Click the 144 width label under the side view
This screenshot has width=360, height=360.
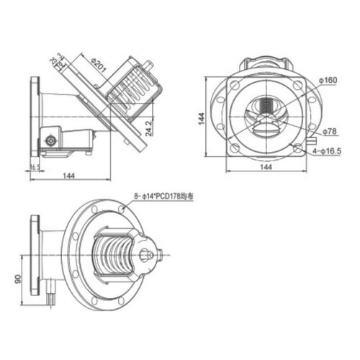(70, 176)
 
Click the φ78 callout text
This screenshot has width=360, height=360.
(329, 131)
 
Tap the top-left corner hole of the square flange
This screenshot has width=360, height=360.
(234, 87)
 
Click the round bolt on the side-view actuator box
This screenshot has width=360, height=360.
(50, 138)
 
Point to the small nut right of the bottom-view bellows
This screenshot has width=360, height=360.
(147, 254)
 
